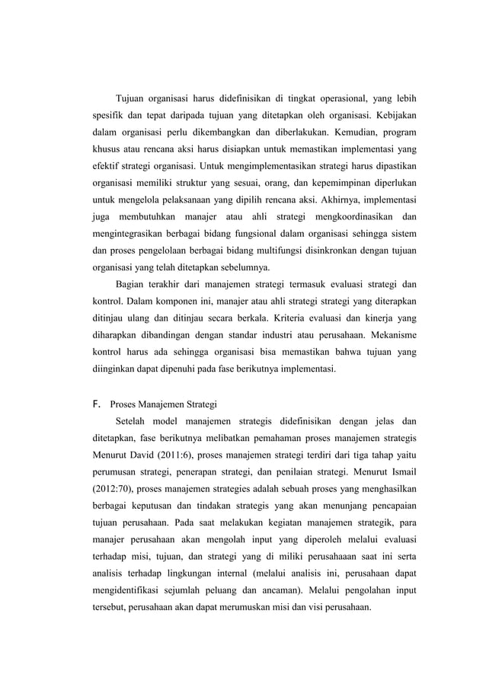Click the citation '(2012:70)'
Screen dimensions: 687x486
point(113,490)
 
